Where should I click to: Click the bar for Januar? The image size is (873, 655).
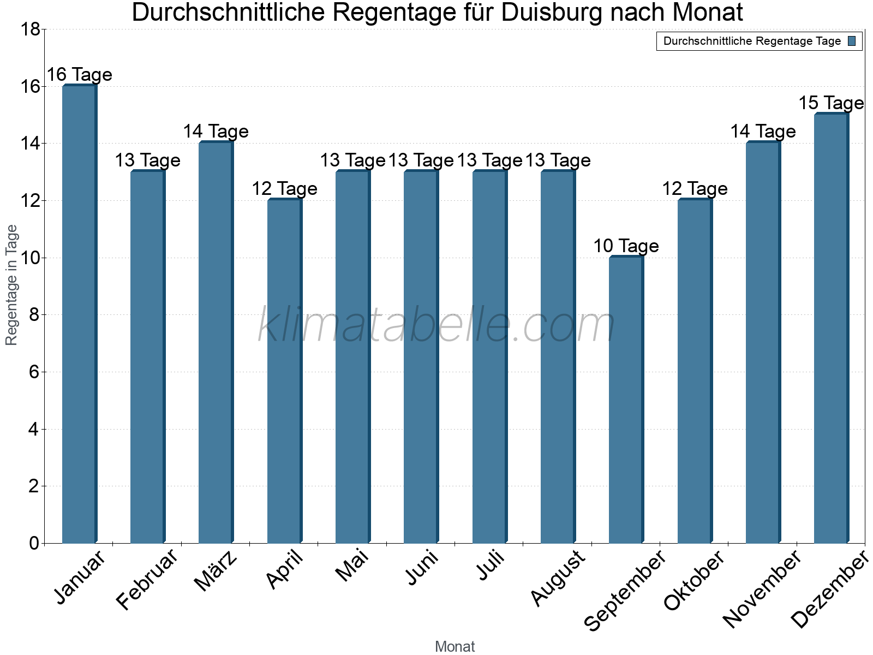(x=80, y=314)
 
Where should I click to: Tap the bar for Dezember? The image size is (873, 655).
(x=832, y=328)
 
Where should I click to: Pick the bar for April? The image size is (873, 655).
(x=285, y=371)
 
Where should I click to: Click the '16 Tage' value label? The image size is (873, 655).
(x=80, y=75)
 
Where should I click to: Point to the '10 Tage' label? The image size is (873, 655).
(x=626, y=246)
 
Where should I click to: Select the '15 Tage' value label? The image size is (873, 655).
(x=832, y=103)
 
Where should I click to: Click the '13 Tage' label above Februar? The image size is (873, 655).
(x=148, y=160)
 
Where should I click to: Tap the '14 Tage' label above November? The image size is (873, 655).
(x=763, y=132)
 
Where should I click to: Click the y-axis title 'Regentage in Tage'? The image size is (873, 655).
(x=12, y=285)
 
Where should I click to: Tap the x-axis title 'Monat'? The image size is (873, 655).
(x=455, y=646)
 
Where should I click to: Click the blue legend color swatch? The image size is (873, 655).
(x=852, y=41)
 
